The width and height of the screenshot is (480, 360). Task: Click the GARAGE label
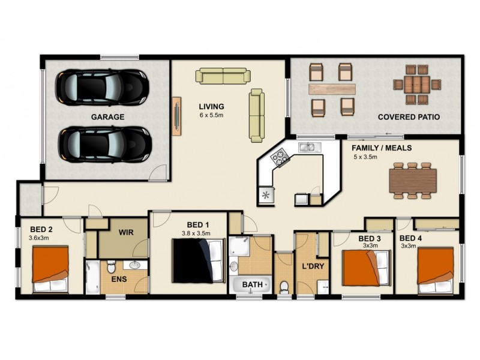[108, 117]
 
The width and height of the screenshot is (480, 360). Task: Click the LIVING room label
[212, 106]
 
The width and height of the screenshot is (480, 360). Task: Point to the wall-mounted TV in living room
[177, 114]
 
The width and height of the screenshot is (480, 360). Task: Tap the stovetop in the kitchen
[280, 159]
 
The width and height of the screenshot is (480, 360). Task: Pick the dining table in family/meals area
[412, 180]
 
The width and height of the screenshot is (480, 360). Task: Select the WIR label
[126, 232]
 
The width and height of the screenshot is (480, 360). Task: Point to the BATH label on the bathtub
[251, 284]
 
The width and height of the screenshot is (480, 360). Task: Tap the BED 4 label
[411, 238]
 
